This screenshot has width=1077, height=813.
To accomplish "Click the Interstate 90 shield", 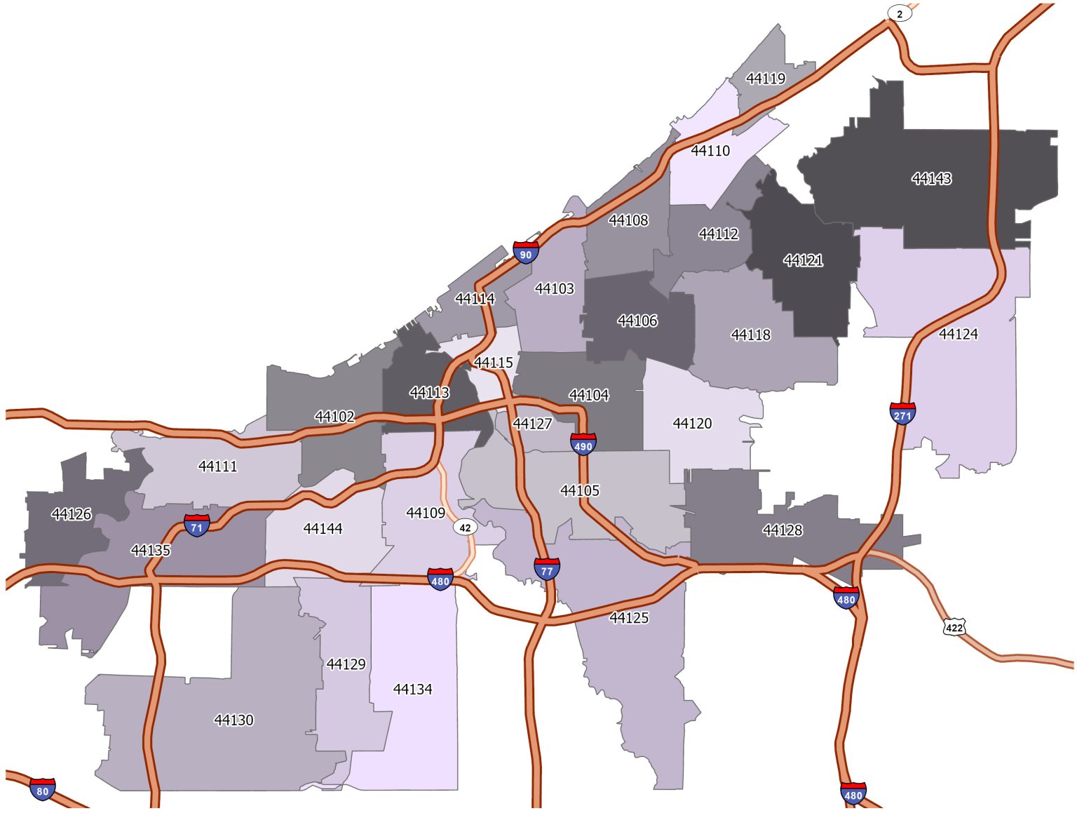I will click(x=526, y=253).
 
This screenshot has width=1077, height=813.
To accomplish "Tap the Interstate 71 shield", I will click(x=197, y=525).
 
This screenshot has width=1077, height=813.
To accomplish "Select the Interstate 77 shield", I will click(x=547, y=569).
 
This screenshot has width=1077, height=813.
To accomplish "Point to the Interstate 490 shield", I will click(x=583, y=444).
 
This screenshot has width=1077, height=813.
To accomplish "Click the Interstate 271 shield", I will click(x=902, y=414).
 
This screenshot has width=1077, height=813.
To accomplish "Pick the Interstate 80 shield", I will click(x=43, y=789).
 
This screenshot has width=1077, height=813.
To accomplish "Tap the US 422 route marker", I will click(x=954, y=627).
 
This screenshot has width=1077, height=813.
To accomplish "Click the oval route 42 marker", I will click(x=465, y=528).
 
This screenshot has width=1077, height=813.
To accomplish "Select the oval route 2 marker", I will click(x=900, y=13).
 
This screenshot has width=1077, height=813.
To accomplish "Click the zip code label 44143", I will click(x=931, y=179).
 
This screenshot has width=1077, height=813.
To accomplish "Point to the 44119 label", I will click(x=766, y=79).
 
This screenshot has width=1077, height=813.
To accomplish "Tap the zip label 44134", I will click(x=413, y=690).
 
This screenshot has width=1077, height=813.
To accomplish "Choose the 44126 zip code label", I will click(x=72, y=514).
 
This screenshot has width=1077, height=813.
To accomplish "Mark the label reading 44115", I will click(x=494, y=363).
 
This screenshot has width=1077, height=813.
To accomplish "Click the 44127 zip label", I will click(x=532, y=424).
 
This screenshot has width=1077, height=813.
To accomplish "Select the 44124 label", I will click(x=959, y=334).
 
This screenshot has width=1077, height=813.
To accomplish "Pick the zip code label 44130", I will click(x=233, y=720).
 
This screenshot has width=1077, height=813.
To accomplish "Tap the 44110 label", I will click(x=710, y=151).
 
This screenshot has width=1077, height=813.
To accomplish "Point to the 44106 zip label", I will click(x=637, y=321).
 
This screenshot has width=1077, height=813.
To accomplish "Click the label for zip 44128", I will click(x=783, y=530).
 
